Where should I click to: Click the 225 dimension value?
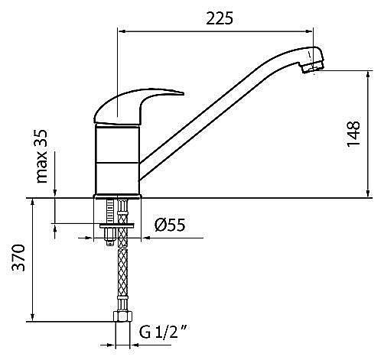pyautogui.click(x=220, y=18)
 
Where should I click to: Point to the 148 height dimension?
pyautogui.click(x=353, y=135)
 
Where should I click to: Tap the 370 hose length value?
pyautogui.click(x=19, y=258)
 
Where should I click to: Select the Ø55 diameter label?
pyautogui.click(x=170, y=225)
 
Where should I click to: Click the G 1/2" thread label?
pyautogui.click(x=164, y=332)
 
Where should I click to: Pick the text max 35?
pyautogui.click(x=41, y=156)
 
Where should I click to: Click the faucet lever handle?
pyautogui.click(x=135, y=106)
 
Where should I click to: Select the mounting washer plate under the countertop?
pyautogui.click(x=117, y=225)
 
